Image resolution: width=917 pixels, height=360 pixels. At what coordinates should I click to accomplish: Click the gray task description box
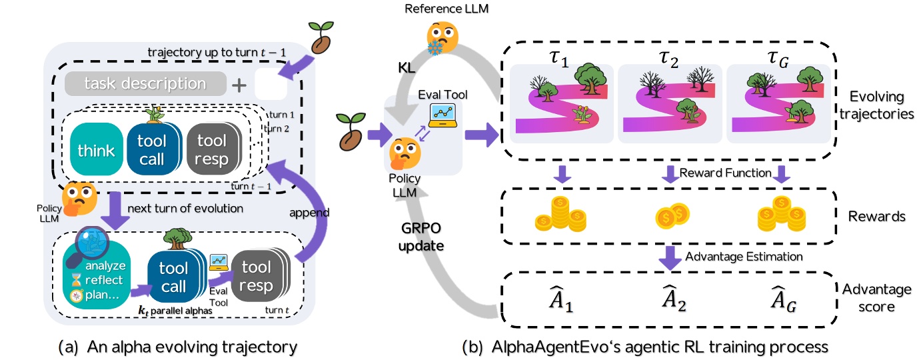[145, 85]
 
